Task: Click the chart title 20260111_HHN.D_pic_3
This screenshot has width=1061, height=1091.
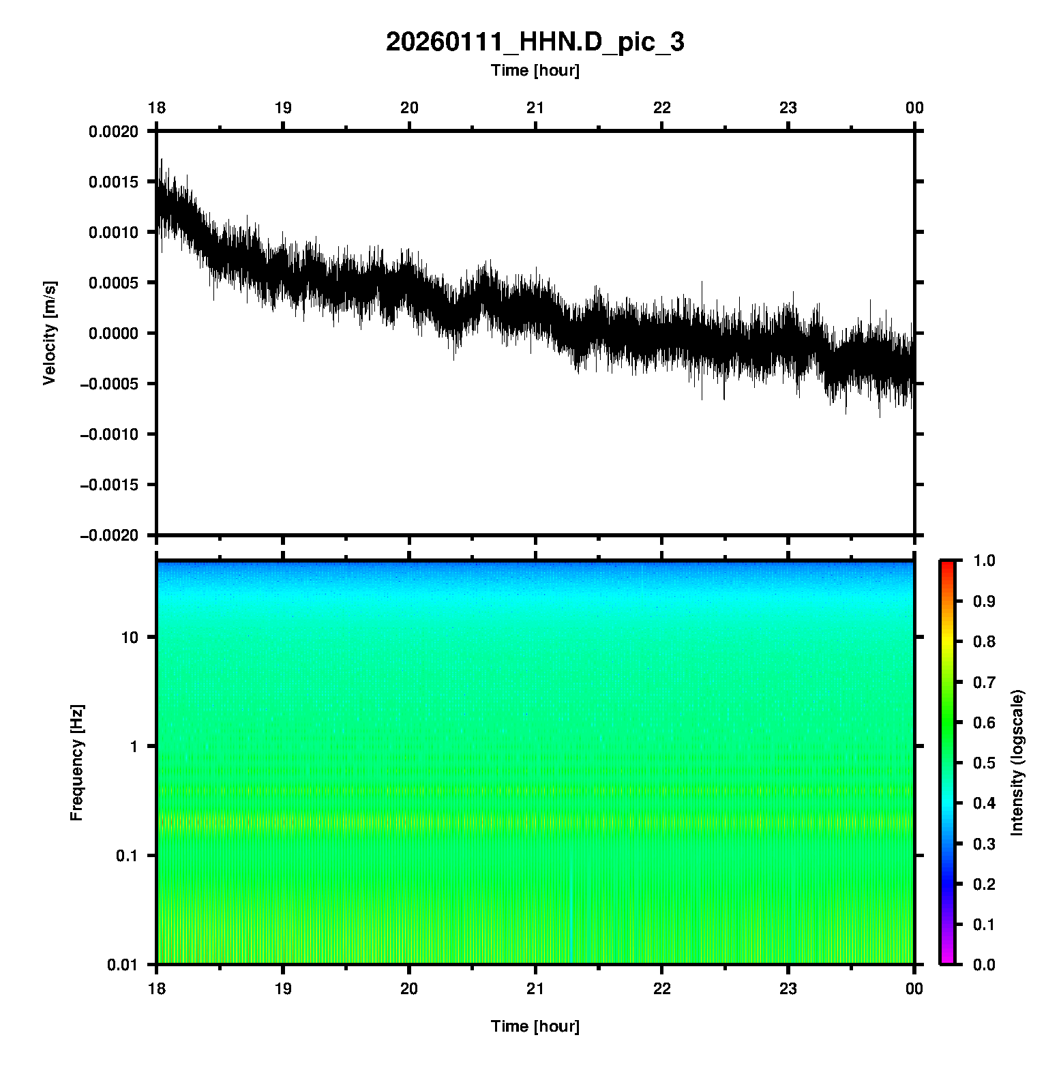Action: click(x=535, y=42)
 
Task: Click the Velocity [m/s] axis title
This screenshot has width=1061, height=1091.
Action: click(x=49, y=333)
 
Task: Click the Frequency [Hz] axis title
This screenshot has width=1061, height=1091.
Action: click(x=76, y=763)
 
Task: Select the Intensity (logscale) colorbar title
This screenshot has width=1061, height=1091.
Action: click(x=1017, y=762)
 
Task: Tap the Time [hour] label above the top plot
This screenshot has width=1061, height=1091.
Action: click(x=535, y=70)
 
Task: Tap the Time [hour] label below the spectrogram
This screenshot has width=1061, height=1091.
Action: click(x=535, y=1026)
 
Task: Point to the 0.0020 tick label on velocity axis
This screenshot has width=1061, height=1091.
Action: click(x=113, y=132)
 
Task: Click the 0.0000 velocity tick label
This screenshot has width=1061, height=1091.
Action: click(x=113, y=333)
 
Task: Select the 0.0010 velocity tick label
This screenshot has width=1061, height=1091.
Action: click(x=113, y=233)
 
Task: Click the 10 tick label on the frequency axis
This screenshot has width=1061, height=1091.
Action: click(x=130, y=638)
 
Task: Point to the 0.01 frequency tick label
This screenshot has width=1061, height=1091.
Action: click(x=123, y=964)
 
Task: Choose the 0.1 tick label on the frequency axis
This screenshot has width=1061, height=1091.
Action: click(x=126, y=856)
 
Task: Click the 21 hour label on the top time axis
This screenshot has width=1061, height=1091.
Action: click(x=535, y=108)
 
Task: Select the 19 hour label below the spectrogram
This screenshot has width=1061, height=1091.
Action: click(x=283, y=989)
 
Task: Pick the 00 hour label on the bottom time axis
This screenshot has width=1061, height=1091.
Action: click(x=914, y=989)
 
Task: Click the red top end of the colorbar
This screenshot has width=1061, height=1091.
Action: click(x=947, y=565)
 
